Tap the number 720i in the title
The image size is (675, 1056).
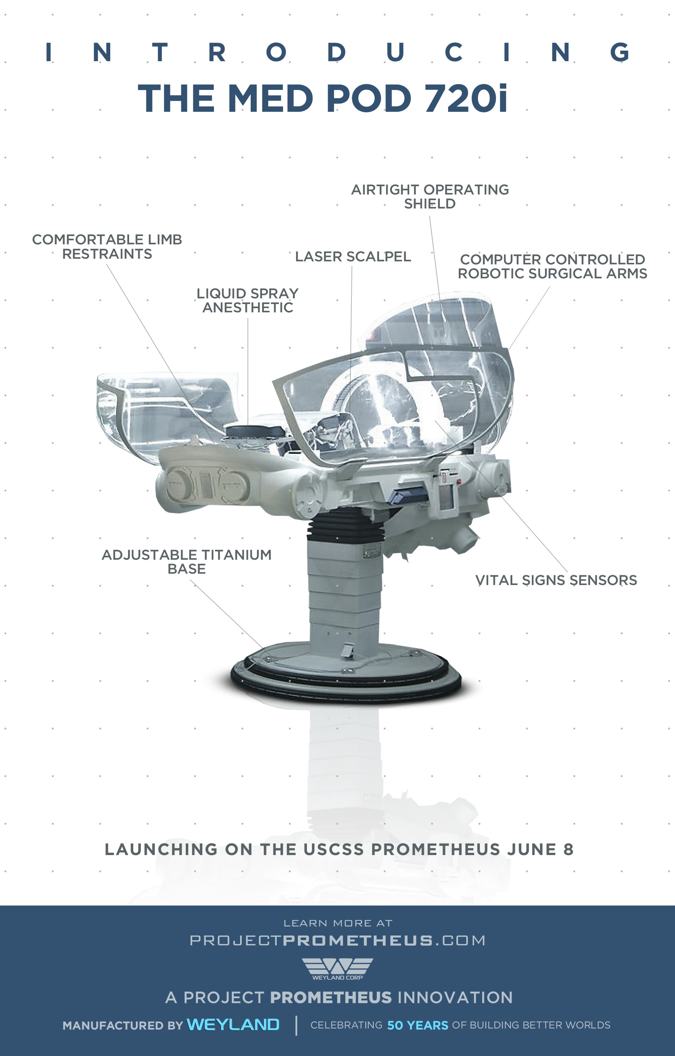point(465,98)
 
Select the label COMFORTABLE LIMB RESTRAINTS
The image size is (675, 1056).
point(107,247)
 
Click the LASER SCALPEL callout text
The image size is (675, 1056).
point(353,256)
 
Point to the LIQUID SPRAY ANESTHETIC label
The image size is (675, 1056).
point(248,300)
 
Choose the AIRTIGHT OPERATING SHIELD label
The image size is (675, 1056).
point(430,196)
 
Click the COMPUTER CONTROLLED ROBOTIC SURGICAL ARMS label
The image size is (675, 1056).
point(552,266)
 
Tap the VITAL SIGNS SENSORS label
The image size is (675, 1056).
point(556,580)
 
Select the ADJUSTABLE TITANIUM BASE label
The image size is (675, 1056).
point(187,562)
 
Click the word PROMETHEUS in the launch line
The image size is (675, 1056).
point(435,849)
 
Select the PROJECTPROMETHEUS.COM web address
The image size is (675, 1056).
point(337,940)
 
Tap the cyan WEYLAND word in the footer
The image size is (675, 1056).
point(233,1025)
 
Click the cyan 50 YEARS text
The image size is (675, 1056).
point(417,1025)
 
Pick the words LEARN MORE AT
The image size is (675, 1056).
point(337,923)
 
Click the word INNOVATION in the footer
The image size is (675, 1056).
point(455,998)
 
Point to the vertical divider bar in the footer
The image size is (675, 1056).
point(296,1025)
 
